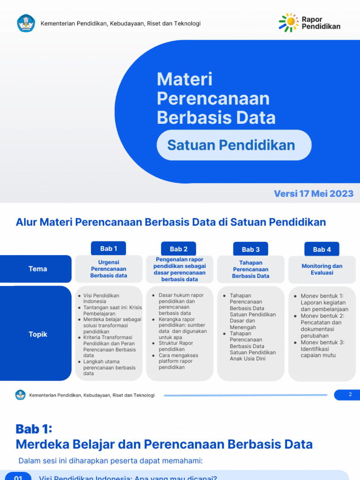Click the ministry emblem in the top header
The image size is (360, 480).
(26, 23)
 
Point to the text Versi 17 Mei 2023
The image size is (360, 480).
(314, 194)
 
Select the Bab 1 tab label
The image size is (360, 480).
(109, 248)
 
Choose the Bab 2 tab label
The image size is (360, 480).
(179, 249)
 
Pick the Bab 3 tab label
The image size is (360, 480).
(251, 249)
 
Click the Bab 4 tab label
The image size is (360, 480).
(322, 249)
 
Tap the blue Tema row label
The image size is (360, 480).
(38, 269)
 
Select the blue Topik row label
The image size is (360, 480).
(38, 334)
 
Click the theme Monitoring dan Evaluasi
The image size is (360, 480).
(322, 269)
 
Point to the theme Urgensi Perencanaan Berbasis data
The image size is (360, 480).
(109, 269)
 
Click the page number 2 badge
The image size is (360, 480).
(350, 395)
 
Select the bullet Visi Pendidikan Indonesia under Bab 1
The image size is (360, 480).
(101, 298)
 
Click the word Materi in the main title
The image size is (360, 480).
(185, 79)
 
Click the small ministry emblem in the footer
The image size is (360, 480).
(20, 395)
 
